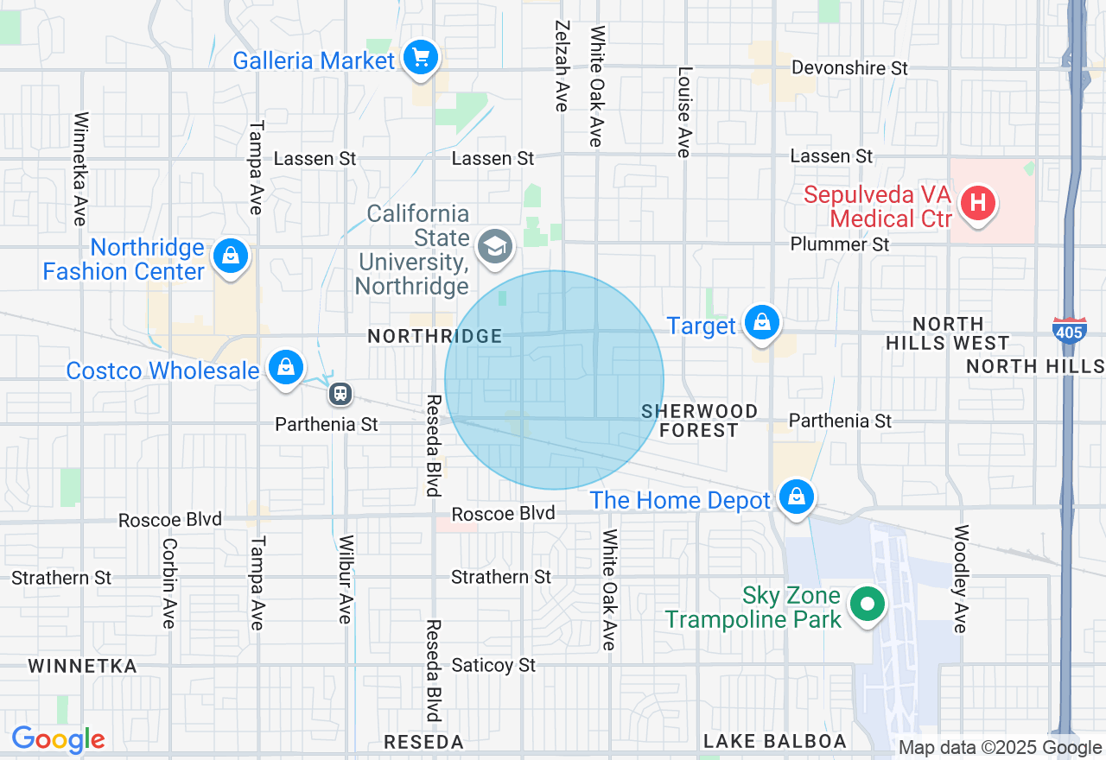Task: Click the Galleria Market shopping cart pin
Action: (421, 59)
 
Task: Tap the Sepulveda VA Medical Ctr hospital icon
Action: (978, 204)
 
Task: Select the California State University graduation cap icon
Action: (495, 247)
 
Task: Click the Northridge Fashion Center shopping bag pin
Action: (230, 256)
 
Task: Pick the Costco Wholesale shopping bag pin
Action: (285, 367)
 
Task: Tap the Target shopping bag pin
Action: (761, 322)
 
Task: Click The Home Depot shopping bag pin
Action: (796, 497)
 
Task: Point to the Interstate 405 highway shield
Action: (1070, 329)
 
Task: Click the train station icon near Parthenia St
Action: (341, 395)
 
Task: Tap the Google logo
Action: (58, 739)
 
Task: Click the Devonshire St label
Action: (849, 67)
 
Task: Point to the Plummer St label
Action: (839, 244)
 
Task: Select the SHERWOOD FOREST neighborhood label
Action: (699, 421)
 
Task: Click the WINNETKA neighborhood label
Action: (82, 666)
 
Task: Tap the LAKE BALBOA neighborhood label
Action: (774, 741)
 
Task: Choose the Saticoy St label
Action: (493, 665)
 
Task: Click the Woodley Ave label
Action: (959, 579)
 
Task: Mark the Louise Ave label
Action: (684, 112)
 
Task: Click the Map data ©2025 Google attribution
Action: (1000, 748)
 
